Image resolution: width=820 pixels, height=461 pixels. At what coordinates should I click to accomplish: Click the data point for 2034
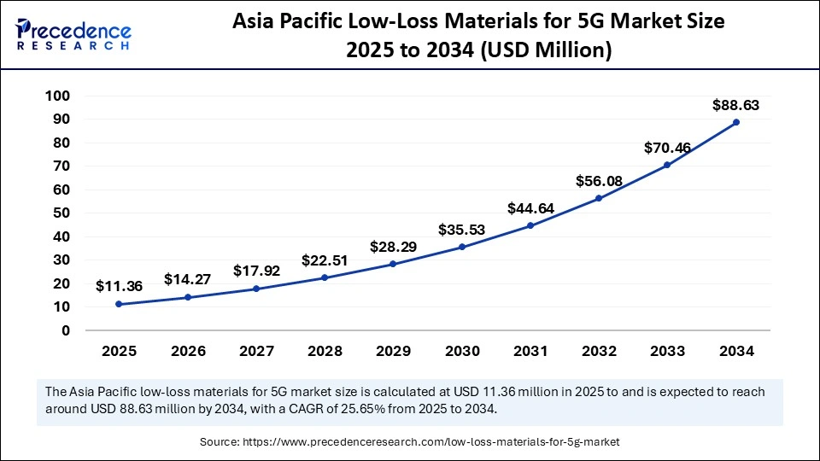point(735,122)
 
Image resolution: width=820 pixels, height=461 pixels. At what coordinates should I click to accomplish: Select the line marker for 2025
point(118,304)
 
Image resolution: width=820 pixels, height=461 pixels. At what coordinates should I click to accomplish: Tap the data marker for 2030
point(461,247)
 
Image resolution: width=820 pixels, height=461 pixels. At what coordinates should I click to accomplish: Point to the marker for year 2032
point(599,198)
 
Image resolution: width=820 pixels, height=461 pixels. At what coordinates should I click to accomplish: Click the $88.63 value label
point(735,106)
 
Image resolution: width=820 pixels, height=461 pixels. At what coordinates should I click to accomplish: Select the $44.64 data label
point(530,208)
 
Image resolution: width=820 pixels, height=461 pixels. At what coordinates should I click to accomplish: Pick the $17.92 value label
point(256,271)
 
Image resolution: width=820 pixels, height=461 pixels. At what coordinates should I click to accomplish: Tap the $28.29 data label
point(393,247)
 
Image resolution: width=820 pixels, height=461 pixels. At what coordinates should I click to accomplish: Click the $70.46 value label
point(667,148)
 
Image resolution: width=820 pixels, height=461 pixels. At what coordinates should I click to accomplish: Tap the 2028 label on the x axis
point(325,351)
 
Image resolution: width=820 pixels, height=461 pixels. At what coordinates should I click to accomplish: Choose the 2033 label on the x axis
point(667,351)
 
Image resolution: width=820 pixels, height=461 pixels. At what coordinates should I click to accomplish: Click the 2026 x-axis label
point(187,351)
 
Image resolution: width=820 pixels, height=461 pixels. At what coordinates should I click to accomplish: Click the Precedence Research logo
point(73,34)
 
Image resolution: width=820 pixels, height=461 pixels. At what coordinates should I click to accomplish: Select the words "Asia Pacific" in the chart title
point(286,23)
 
